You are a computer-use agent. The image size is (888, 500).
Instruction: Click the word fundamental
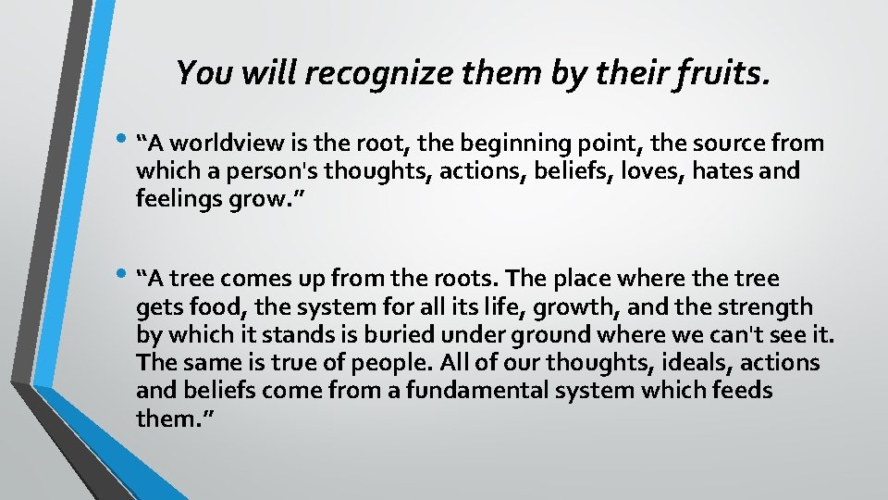[x=481, y=391]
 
